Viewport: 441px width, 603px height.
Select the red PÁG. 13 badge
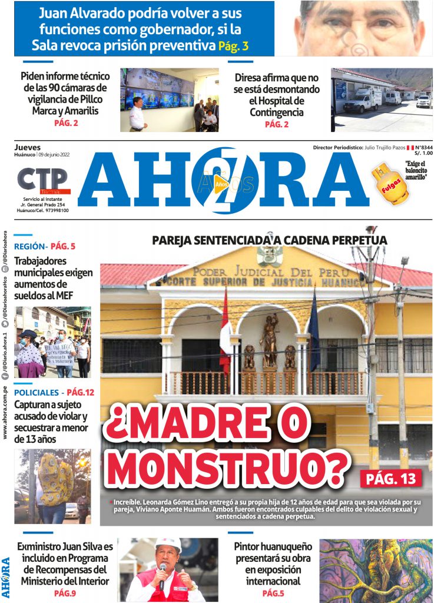390,478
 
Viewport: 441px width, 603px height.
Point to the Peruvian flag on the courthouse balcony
226,333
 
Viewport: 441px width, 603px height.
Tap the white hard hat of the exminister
168,544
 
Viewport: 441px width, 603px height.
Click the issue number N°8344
423,147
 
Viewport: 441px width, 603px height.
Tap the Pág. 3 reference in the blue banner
233,46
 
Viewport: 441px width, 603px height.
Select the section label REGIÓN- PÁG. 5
45,247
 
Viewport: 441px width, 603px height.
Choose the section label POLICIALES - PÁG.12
54,392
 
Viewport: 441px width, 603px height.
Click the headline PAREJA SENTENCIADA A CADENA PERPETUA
269,240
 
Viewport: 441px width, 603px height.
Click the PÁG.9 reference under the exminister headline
65,593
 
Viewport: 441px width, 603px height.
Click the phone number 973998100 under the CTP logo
51,210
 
